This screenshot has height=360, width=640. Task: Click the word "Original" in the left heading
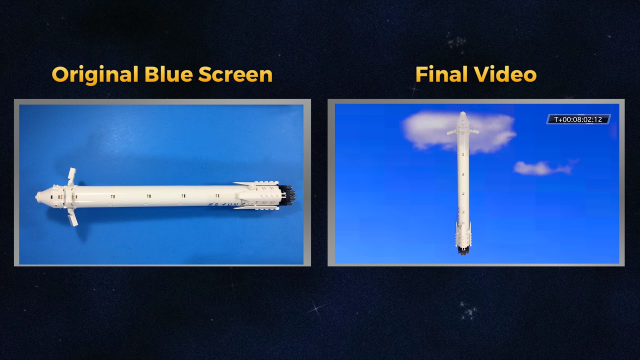pyautogui.click(x=95, y=75)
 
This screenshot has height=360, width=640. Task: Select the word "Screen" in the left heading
pyautogui.click(x=235, y=75)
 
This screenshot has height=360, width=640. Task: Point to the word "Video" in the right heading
pyautogui.click(x=505, y=75)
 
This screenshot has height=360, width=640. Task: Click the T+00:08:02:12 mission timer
pyautogui.click(x=578, y=119)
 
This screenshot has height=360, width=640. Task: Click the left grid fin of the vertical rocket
pyautogui.click(x=452, y=132)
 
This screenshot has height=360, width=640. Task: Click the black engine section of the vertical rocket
pyautogui.click(x=462, y=250)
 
